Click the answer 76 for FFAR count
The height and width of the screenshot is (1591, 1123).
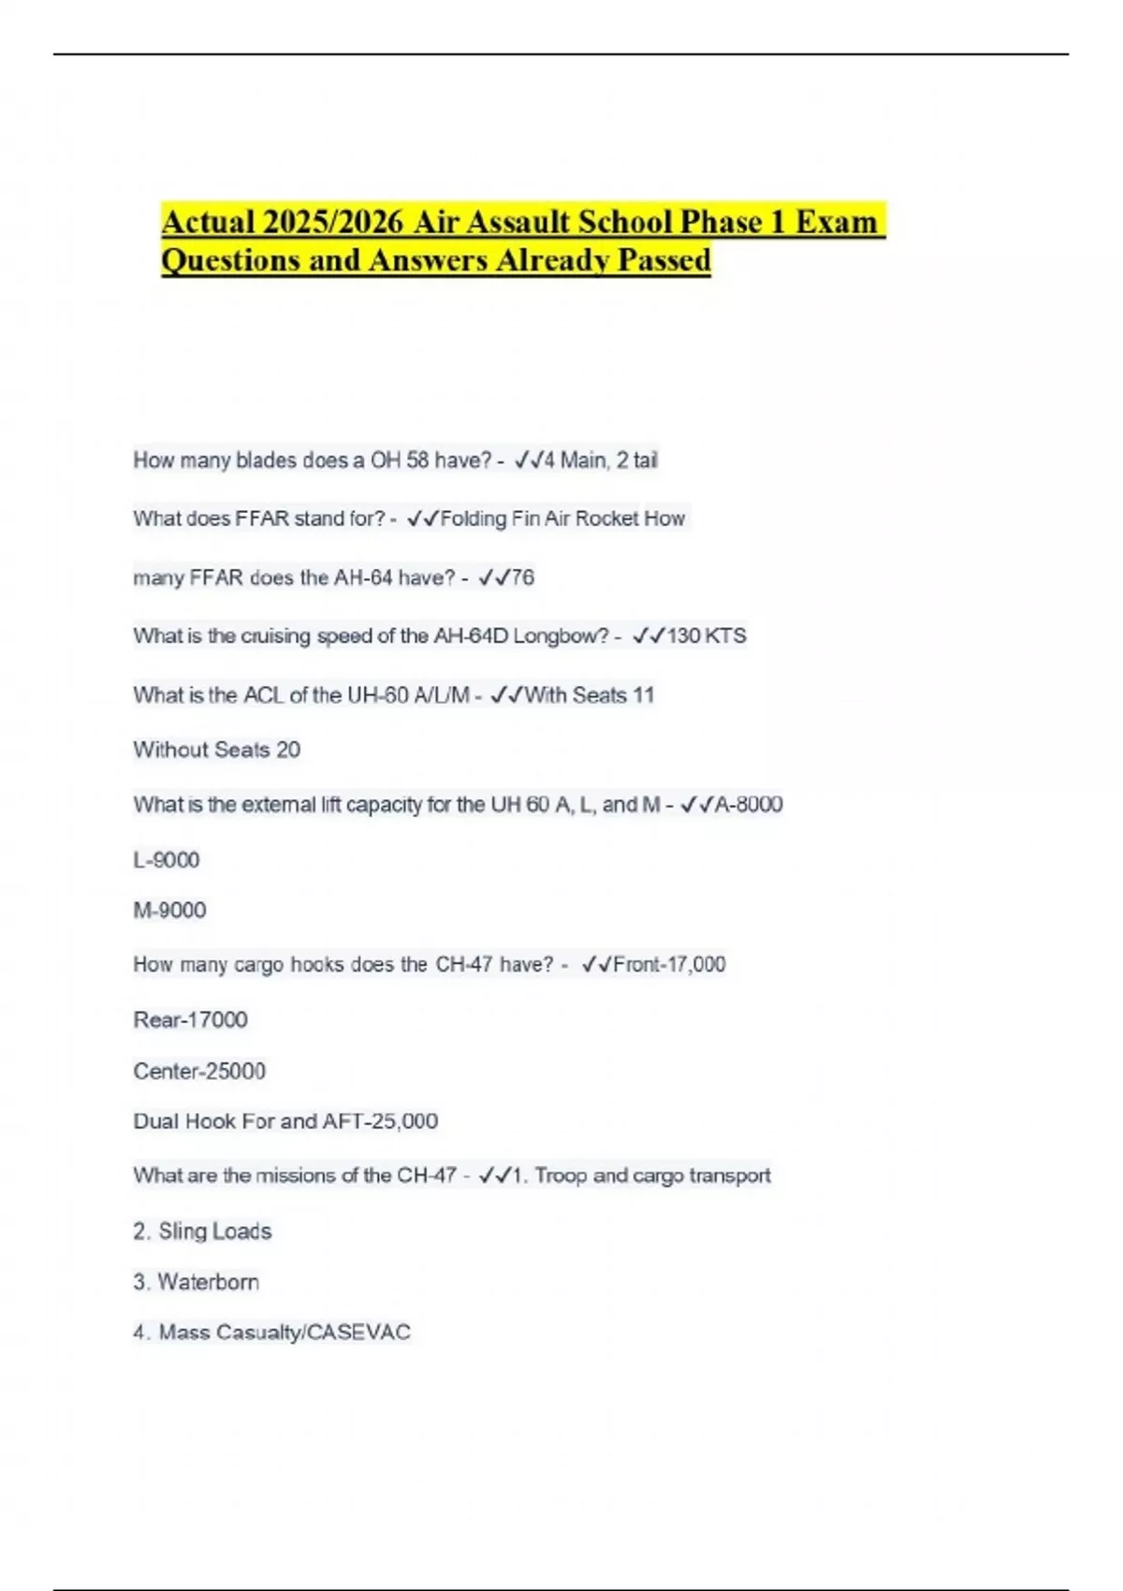(522, 577)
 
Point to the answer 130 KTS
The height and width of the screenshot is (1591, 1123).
(706, 635)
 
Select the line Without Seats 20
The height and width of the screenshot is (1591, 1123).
(216, 750)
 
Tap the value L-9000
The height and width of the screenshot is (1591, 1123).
(167, 860)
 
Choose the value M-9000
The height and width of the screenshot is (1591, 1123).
(169, 910)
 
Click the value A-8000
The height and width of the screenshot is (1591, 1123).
(749, 804)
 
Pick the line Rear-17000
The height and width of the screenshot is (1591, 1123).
(190, 1019)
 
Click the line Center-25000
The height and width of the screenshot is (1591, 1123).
(199, 1071)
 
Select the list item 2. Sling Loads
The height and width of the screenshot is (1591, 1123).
(202, 1231)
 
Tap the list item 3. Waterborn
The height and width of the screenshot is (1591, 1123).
(196, 1282)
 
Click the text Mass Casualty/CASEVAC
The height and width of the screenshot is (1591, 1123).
(284, 1332)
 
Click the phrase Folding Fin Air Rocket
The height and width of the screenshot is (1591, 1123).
(539, 518)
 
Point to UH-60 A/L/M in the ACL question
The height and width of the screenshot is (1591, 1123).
(408, 694)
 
